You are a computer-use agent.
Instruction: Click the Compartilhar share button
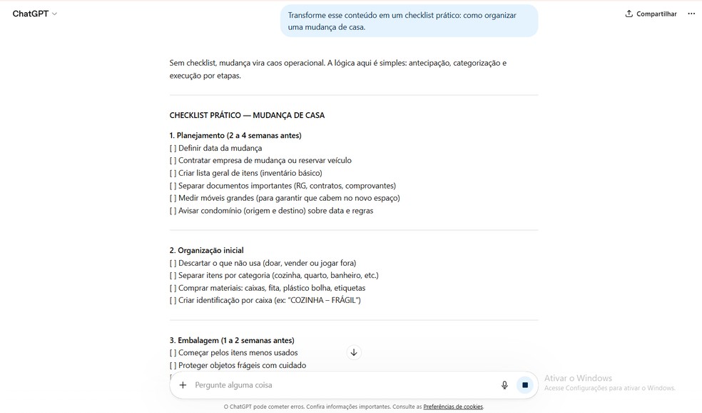pos(651,14)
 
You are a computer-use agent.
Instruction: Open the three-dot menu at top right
pos(691,14)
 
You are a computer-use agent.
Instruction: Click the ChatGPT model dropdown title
pos(34,14)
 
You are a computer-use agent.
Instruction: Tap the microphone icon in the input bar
pos(504,385)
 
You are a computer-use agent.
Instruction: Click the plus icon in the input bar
pos(183,385)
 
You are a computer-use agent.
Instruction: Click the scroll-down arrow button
pos(354,352)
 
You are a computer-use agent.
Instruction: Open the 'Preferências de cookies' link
pos(453,407)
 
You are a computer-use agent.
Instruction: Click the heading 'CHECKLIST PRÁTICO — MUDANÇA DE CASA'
pos(247,115)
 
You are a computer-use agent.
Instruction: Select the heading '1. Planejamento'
pos(235,136)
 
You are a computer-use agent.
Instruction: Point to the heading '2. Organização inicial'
pos(206,251)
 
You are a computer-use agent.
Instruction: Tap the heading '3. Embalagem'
pos(232,340)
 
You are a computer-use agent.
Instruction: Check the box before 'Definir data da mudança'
pos(173,149)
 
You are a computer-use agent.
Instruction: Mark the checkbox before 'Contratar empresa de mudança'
pos(173,161)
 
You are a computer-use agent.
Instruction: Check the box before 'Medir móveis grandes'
pos(173,198)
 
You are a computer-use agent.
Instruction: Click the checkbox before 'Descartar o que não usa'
pos(173,263)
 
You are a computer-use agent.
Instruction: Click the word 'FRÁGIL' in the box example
pos(345,301)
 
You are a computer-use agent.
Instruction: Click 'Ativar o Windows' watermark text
pos(578,378)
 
